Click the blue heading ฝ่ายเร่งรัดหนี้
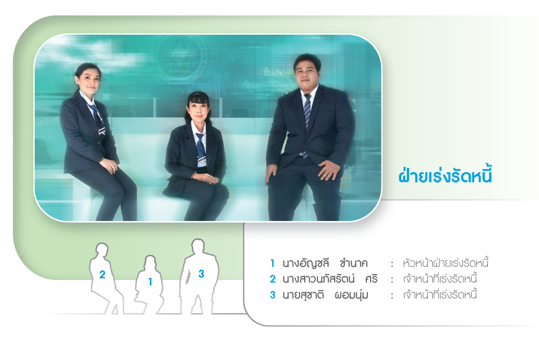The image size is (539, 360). (x=445, y=175)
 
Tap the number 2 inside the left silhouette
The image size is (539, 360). (x=102, y=275)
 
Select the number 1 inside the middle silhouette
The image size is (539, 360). (x=150, y=282)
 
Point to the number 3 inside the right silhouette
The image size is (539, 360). (x=201, y=274)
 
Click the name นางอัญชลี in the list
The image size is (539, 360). (x=306, y=263)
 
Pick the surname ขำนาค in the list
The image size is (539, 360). (x=353, y=263)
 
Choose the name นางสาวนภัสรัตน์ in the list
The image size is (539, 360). (x=318, y=279)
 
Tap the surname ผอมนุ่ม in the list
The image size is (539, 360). (x=351, y=295)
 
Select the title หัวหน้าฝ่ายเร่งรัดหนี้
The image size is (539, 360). (x=445, y=263)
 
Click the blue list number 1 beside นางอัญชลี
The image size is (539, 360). (x=272, y=263)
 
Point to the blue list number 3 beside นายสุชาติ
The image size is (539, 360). (x=273, y=295)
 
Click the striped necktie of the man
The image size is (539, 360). (x=307, y=121)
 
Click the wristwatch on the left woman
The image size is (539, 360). (x=102, y=160)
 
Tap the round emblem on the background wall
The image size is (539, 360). (x=181, y=58)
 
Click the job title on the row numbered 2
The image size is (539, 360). (x=440, y=279)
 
